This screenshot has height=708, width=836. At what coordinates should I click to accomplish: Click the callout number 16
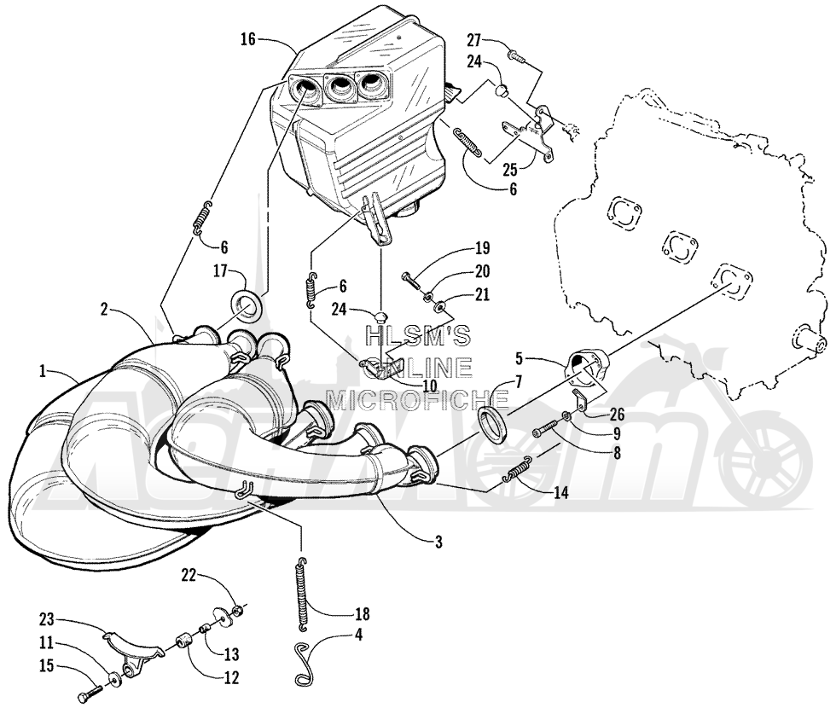(x=248, y=38)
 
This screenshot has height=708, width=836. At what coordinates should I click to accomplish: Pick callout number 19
(x=483, y=249)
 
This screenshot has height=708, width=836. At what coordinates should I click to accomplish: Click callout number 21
(x=482, y=295)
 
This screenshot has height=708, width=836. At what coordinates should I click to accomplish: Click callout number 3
(x=437, y=541)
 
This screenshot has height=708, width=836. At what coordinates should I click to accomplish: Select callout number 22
(x=187, y=576)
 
